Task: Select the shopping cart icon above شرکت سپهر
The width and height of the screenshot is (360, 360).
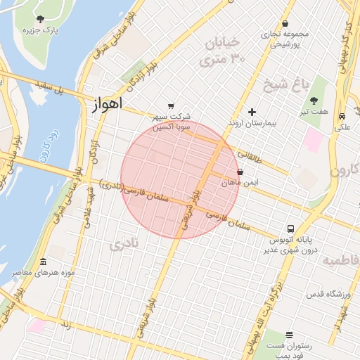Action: tap(172, 106)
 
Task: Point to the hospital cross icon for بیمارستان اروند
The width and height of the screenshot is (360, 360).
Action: tap(252, 112)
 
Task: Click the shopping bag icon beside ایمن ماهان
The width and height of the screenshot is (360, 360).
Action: tap(240, 171)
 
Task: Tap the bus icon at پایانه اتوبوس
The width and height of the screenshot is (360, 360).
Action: tap(290, 229)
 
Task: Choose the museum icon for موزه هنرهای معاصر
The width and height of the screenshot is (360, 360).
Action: tap(43, 262)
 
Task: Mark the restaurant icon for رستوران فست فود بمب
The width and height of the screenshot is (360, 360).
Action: tap(289, 335)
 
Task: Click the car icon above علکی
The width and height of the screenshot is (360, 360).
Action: tap(342, 116)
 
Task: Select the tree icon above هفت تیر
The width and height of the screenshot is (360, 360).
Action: tap(314, 100)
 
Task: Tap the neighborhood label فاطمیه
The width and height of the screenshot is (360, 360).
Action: tap(340, 260)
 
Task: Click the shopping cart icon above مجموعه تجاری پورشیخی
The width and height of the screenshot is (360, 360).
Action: tap(285, 23)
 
